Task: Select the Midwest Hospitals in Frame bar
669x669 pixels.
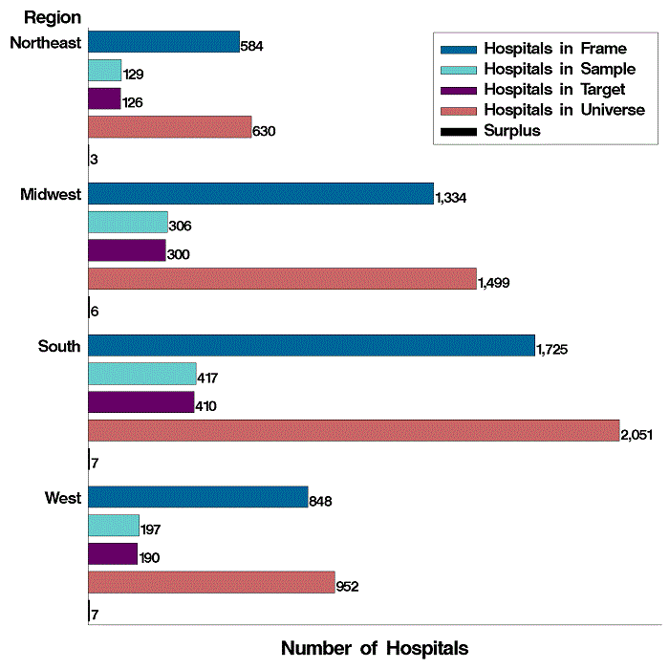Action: [x=260, y=194]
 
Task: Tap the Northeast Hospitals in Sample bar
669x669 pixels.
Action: [x=104, y=71]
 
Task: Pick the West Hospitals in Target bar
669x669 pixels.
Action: [x=113, y=554]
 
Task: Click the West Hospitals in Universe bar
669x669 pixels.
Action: [x=210, y=583]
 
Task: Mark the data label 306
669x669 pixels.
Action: [x=181, y=227]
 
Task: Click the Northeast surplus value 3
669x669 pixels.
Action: [x=94, y=160]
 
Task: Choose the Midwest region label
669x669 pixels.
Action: [x=50, y=194]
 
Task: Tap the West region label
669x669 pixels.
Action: [x=63, y=498]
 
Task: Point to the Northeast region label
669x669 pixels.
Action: [x=45, y=42]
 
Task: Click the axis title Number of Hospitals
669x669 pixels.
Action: [x=375, y=648]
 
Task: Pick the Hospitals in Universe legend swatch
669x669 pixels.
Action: [x=457, y=111]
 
